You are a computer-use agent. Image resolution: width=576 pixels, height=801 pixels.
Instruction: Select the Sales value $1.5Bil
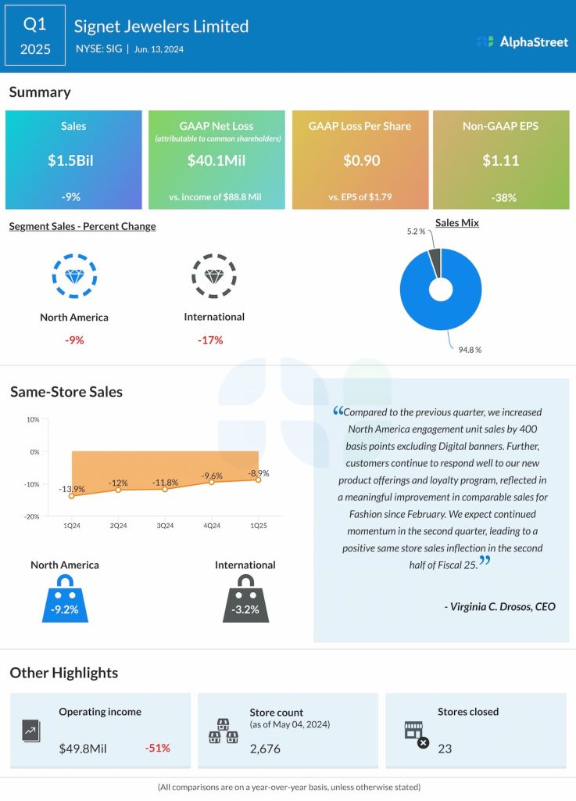tap(73, 160)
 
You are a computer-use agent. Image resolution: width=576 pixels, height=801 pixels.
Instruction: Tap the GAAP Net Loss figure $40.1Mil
tap(216, 160)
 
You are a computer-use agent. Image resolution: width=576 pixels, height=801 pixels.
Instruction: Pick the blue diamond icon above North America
tap(74, 276)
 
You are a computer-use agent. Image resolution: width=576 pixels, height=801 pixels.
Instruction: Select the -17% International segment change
tap(210, 340)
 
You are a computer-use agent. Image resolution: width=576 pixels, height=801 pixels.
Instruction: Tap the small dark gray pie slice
tap(435, 262)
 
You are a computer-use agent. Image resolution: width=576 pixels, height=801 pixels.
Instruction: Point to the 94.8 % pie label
tap(469, 349)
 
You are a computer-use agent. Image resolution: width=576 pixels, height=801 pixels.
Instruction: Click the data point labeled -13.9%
tap(72, 496)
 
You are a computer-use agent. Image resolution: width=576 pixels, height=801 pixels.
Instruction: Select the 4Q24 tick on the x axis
tap(211, 526)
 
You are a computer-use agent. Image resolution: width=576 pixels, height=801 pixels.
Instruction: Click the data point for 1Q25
tap(258, 480)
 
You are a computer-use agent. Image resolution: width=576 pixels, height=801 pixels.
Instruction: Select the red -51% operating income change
tap(157, 749)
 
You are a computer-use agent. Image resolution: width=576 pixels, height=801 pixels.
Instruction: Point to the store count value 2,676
tap(266, 749)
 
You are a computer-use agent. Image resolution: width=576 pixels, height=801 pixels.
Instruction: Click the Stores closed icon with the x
tap(416, 735)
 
